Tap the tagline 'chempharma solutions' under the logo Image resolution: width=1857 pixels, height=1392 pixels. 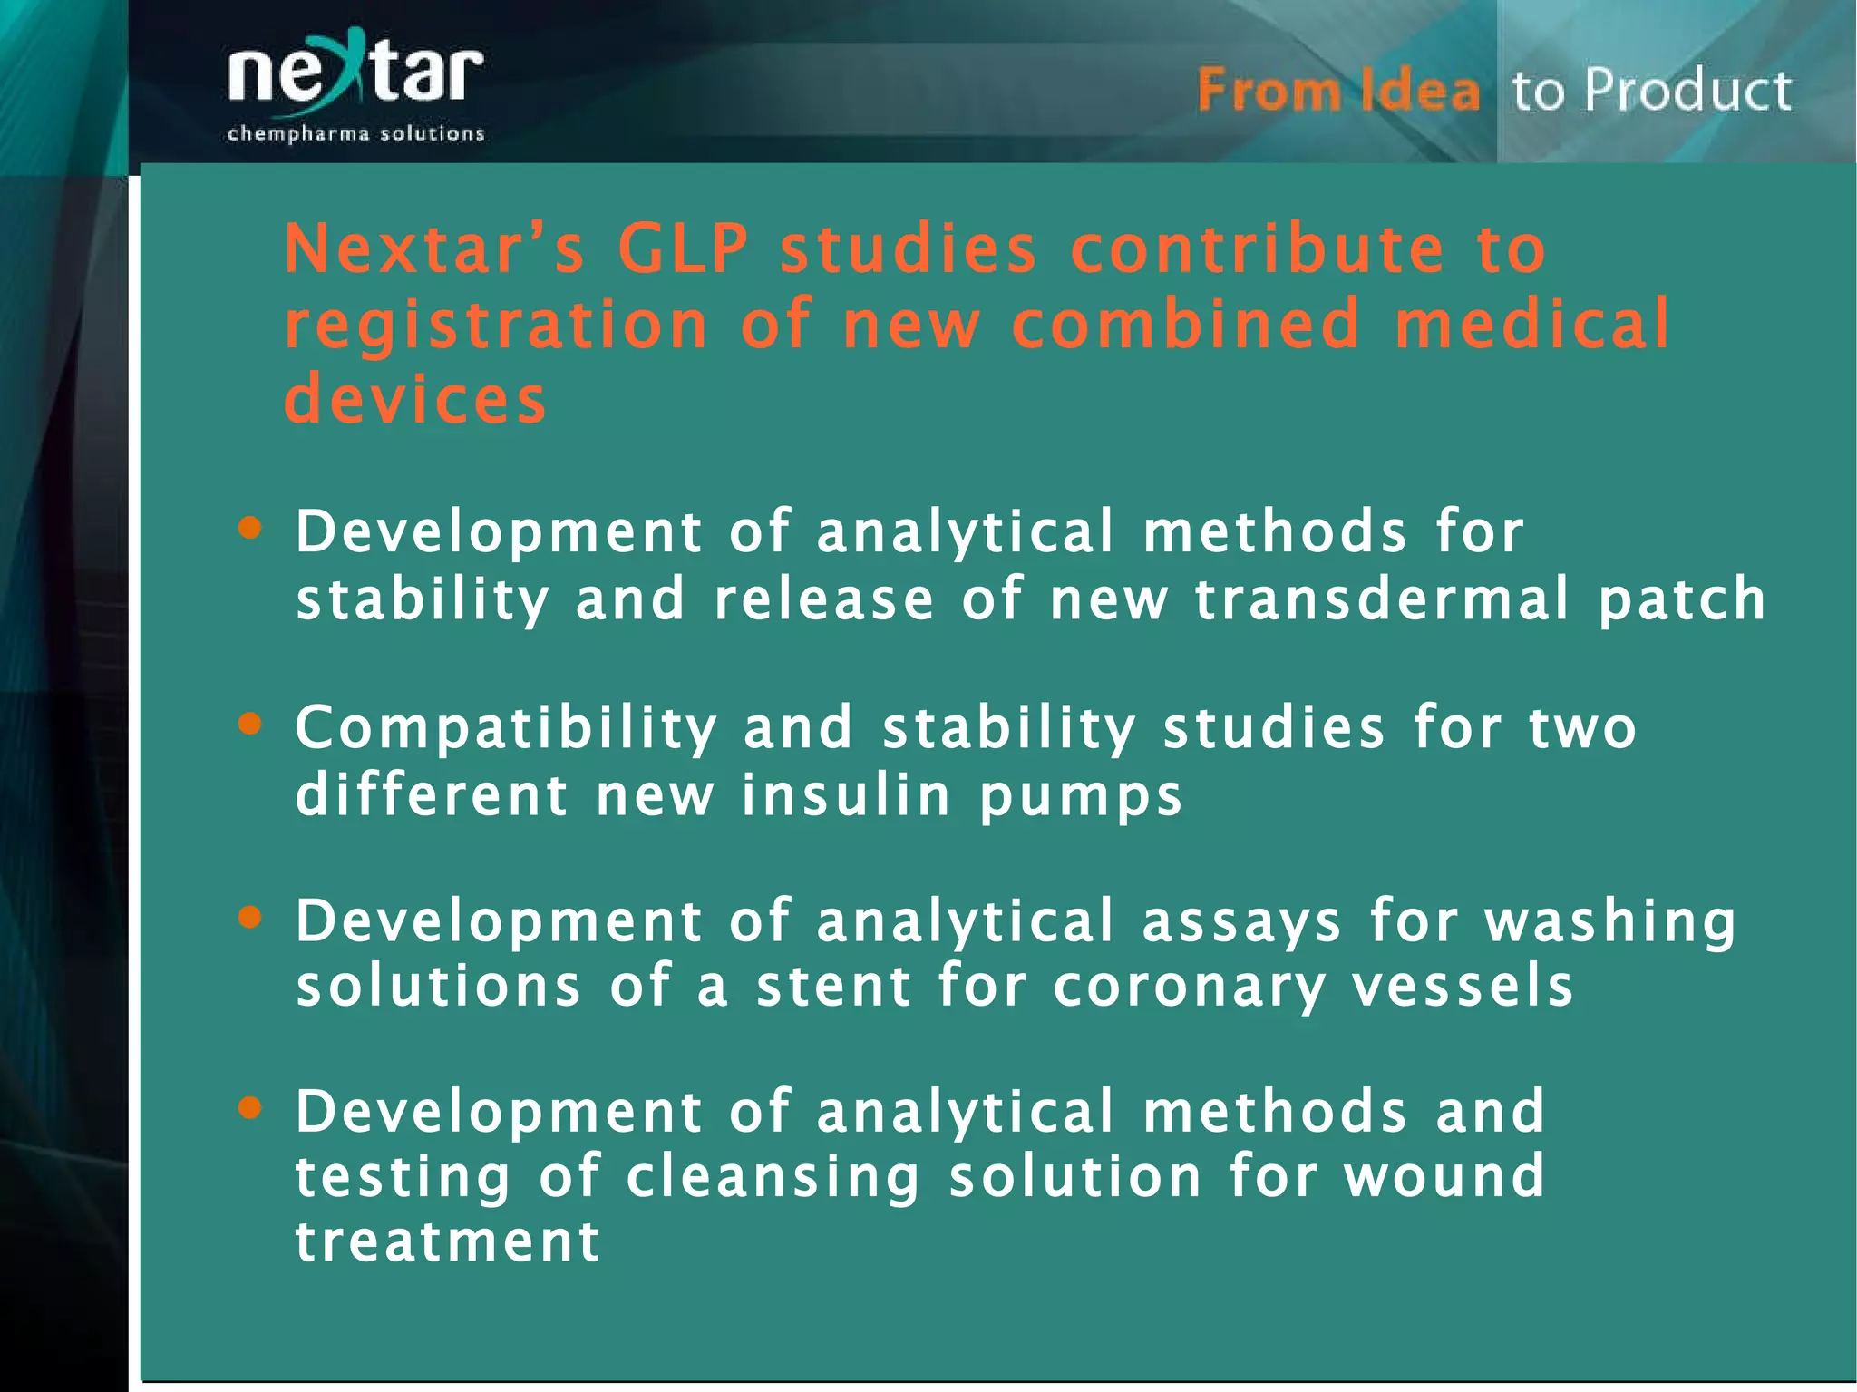(x=355, y=134)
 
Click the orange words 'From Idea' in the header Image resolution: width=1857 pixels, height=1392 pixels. (x=1337, y=91)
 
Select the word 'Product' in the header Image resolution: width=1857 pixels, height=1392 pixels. (x=1688, y=91)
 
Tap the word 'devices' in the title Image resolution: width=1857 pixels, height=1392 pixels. (x=415, y=400)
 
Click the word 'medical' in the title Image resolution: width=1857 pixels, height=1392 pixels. (x=1531, y=324)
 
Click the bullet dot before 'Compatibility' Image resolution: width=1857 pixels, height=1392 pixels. (x=249, y=724)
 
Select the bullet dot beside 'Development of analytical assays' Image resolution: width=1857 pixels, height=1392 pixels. (x=249, y=918)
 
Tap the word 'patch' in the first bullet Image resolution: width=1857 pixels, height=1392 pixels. (x=1682, y=601)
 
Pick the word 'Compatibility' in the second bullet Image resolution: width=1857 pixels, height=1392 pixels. (x=506, y=728)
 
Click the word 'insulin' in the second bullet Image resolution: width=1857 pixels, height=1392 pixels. (x=846, y=795)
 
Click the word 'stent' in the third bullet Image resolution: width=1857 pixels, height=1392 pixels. (x=833, y=987)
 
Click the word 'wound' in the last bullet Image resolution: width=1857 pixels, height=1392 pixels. (x=1444, y=1176)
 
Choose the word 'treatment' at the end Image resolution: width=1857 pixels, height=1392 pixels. (x=448, y=1241)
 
